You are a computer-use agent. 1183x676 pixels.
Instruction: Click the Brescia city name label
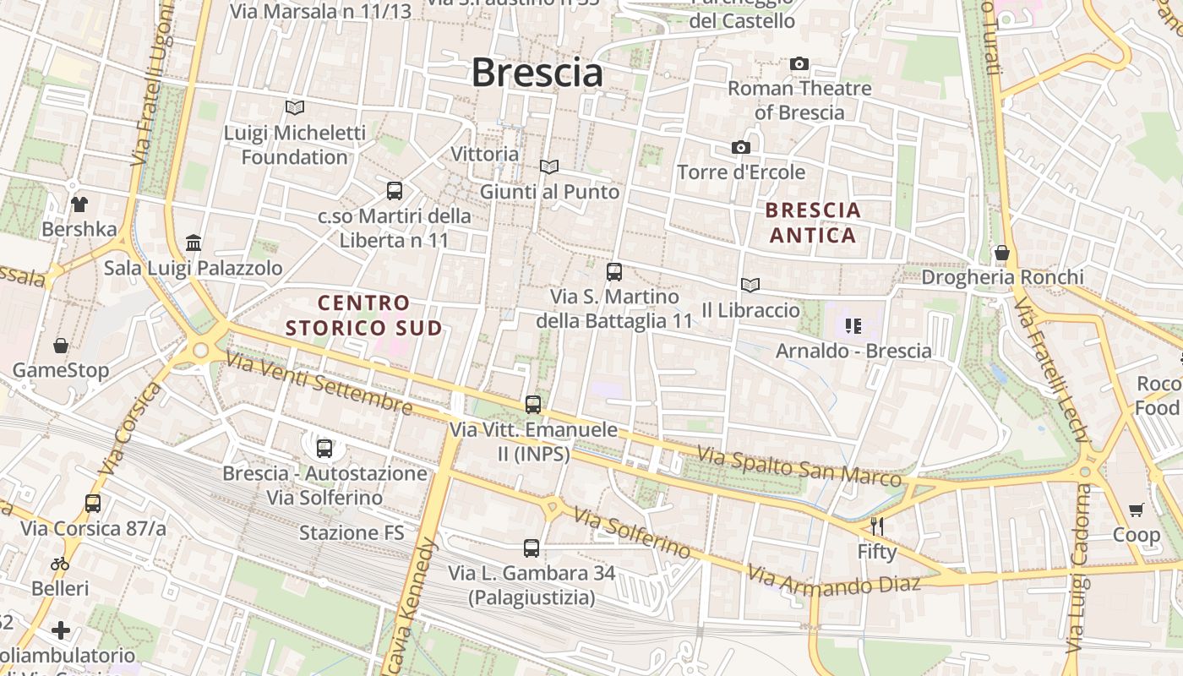[x=537, y=72]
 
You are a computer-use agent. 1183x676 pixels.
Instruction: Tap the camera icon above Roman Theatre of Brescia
[x=799, y=64]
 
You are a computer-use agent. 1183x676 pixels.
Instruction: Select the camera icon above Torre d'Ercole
[x=740, y=148]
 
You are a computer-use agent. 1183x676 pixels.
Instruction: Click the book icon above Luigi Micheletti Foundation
[x=294, y=108]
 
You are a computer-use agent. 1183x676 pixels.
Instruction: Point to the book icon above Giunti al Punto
[x=549, y=167]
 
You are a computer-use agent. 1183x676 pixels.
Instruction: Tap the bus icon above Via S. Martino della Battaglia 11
[x=614, y=272]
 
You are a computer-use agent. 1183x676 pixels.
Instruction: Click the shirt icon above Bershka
[x=79, y=204]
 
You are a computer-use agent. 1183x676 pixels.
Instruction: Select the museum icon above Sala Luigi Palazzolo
[x=194, y=243]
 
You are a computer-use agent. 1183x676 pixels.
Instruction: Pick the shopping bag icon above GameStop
[x=61, y=346]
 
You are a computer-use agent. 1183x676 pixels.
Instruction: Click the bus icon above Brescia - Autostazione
[x=324, y=449]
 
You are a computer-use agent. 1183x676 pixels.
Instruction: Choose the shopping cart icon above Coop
[x=1136, y=510]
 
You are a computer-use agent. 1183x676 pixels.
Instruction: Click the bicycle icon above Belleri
[x=59, y=564]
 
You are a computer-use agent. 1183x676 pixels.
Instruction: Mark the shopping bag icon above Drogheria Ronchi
[x=1001, y=253]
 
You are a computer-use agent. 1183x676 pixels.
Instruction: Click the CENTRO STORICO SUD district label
[x=364, y=315]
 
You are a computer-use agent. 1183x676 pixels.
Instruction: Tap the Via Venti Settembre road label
[x=319, y=383]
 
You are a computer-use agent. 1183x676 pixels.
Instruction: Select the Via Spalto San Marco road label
[x=799, y=467]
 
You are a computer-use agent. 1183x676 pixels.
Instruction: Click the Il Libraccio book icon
[x=750, y=286]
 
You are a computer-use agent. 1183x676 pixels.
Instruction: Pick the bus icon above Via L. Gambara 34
[x=532, y=548]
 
